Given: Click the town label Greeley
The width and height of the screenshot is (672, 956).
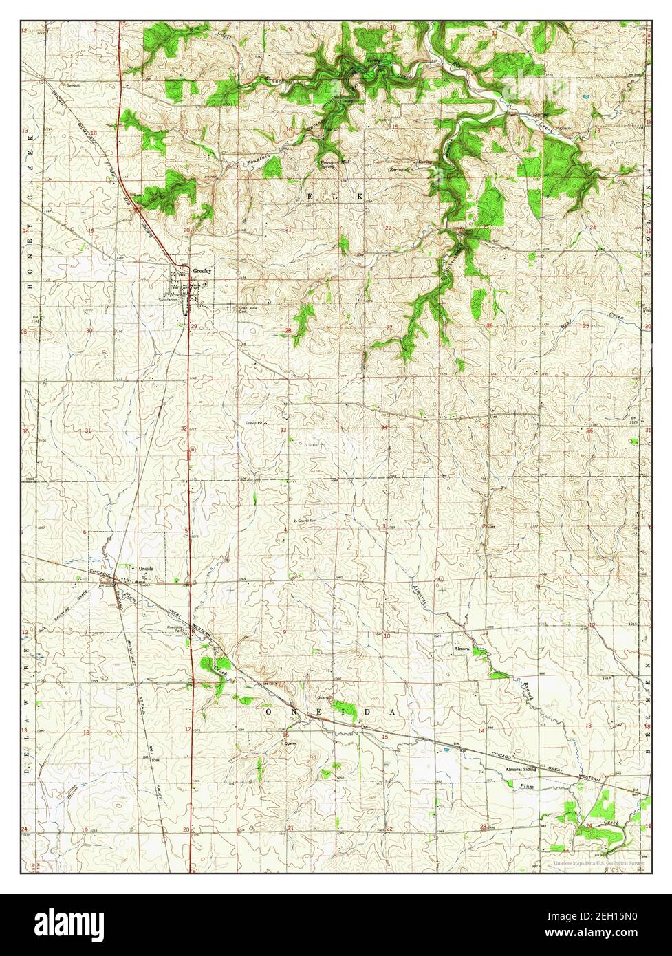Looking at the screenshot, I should [204, 271].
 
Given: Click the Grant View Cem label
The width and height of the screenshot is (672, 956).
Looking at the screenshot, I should [228, 309].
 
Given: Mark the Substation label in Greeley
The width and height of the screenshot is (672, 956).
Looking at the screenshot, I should [169, 300].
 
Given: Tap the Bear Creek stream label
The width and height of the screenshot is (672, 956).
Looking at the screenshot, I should [603, 318].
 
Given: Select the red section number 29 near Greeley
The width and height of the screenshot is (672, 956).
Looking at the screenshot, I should [195, 326].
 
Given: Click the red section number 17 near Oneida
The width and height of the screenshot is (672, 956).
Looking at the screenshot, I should [188, 728].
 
